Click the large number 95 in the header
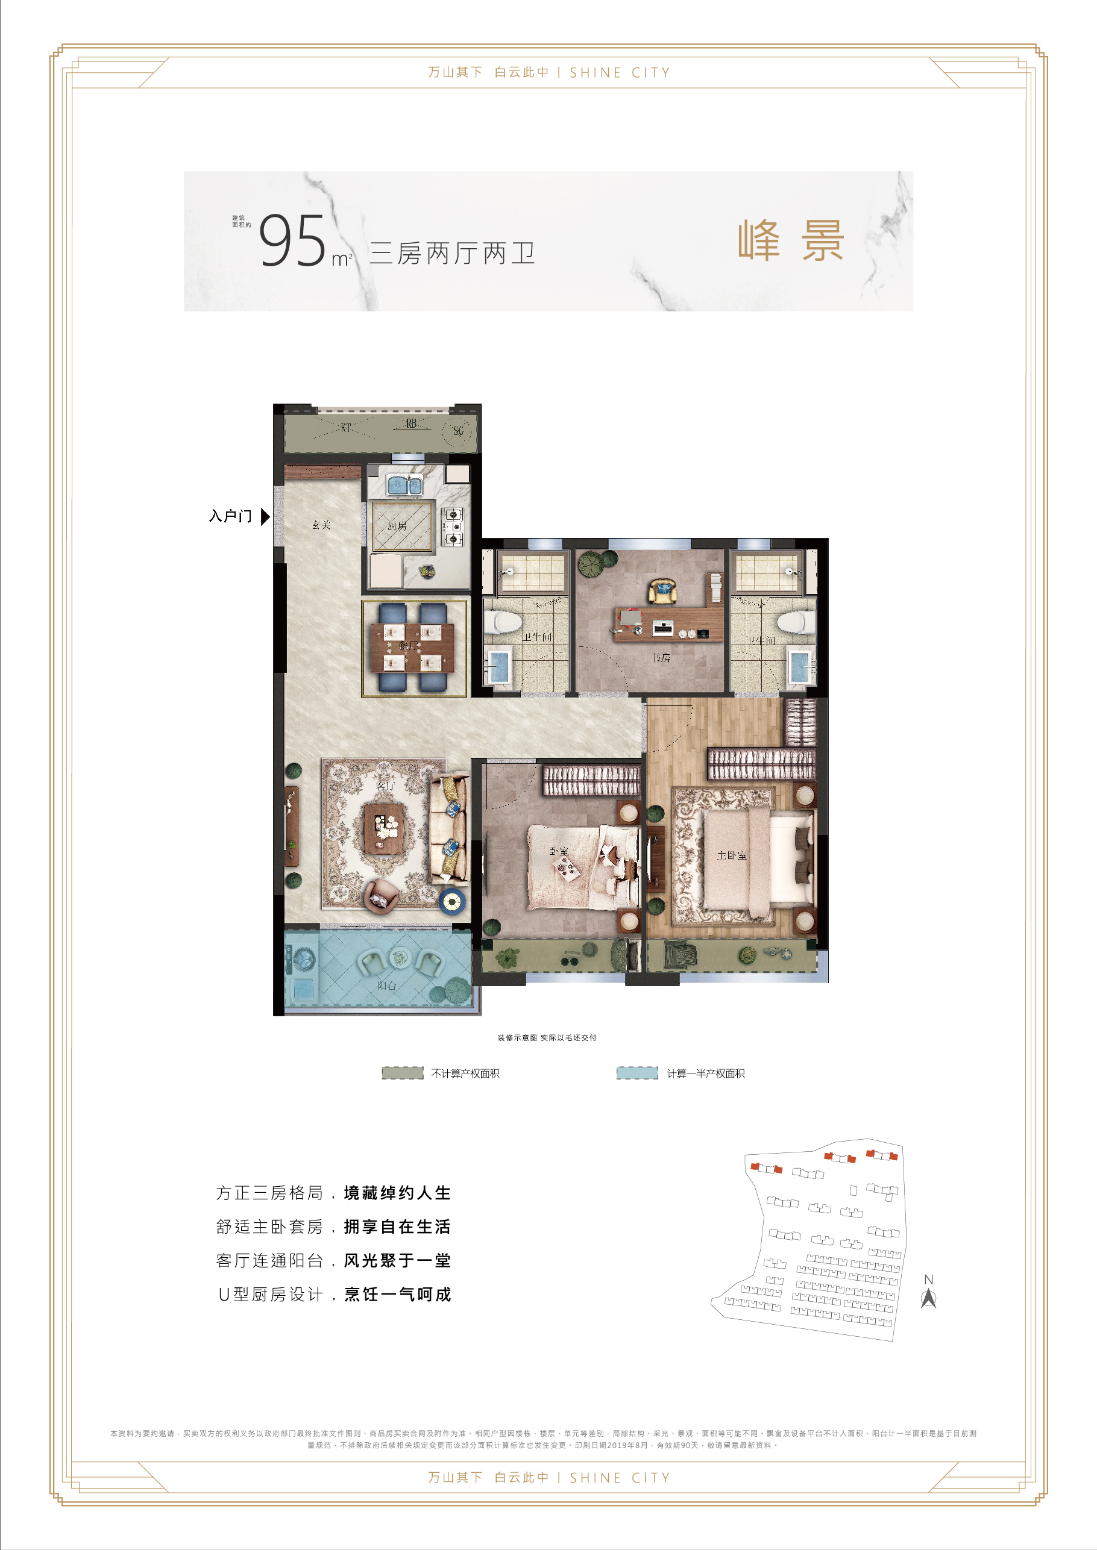(292, 241)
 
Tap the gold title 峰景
(790, 240)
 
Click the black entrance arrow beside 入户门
(265, 516)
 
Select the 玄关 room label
(321, 525)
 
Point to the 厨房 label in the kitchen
(397, 526)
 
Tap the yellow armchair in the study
(662, 591)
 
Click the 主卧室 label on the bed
(732, 855)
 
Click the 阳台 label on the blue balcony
(386, 986)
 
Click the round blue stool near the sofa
(451, 900)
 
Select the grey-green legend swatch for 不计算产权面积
(403, 1073)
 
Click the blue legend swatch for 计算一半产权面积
(637, 1073)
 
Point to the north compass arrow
(928, 1298)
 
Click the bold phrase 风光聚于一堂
(397, 1260)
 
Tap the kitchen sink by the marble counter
(404, 484)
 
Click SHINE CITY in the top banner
(620, 73)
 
